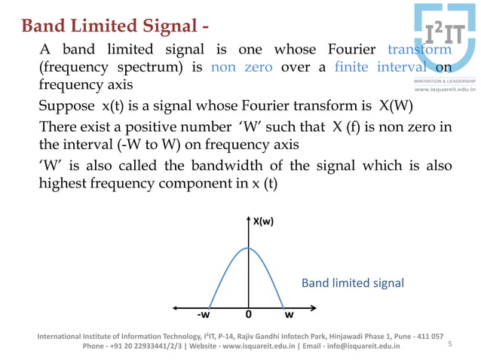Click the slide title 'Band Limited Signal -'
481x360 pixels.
pos(115,26)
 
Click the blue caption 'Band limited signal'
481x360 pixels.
pos(353,283)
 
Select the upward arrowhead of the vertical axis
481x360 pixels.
pos(248,220)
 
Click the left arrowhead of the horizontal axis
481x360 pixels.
pos(176,307)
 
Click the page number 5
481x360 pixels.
pos(449,343)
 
